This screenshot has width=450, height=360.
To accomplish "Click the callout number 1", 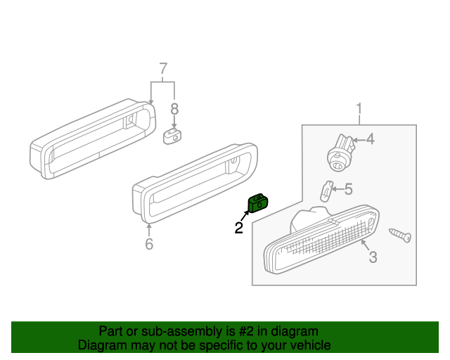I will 359,109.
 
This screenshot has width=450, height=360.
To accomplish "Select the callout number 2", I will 239,228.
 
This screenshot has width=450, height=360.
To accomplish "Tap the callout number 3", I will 373,257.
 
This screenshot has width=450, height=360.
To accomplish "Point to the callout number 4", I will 370,139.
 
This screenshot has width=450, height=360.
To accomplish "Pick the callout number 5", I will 348,188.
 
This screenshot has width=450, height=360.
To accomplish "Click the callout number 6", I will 149,244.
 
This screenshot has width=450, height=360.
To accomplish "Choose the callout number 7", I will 163,69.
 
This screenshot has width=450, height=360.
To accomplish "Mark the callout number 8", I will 174,109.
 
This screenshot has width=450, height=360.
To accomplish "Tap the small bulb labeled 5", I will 326,191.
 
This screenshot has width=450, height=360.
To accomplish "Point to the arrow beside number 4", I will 357,140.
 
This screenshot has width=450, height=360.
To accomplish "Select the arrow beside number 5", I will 337,188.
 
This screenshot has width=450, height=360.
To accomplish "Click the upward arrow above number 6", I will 149,227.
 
